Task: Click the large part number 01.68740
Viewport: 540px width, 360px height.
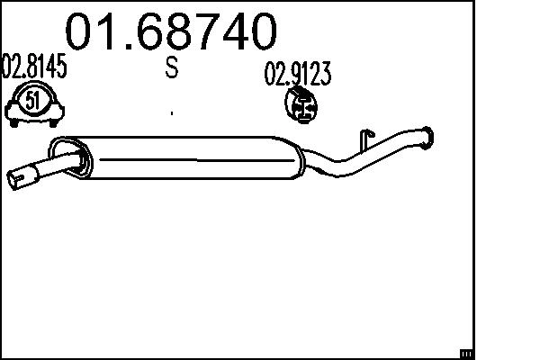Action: [170, 31]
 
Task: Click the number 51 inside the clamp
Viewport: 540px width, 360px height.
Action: [33, 100]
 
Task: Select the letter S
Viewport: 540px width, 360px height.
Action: [171, 69]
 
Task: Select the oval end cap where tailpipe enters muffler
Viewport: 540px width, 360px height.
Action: [70, 154]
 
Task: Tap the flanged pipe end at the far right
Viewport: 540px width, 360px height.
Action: [427, 138]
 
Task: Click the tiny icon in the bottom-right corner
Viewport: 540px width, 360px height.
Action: [466, 352]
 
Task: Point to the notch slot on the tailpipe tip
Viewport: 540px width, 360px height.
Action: [22, 184]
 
